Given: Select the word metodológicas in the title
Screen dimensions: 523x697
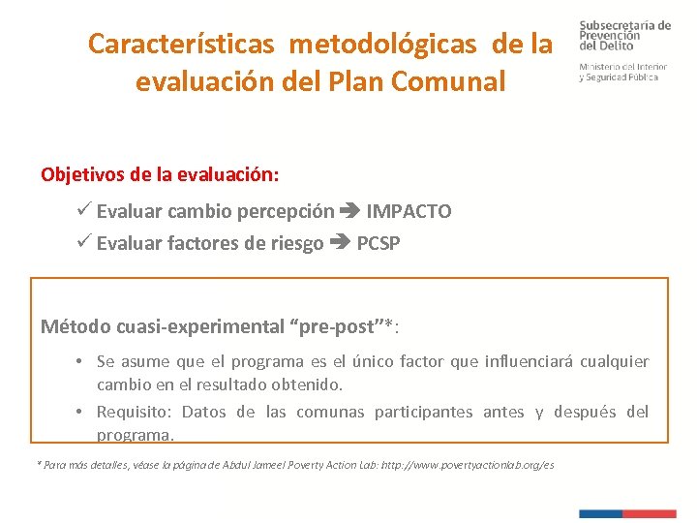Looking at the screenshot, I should pyautogui.click(x=382, y=44).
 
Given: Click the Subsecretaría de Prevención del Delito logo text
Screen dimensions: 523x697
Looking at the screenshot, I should pyautogui.click(x=624, y=36).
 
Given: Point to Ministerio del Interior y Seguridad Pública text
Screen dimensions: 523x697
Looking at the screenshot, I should pyautogui.click(x=622, y=72).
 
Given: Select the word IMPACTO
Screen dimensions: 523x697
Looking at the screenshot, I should pyautogui.click(x=409, y=211).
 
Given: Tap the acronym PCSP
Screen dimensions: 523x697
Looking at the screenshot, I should pyautogui.click(x=379, y=243).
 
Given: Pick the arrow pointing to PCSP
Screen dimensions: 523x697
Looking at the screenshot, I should pyautogui.click(x=340, y=243).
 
